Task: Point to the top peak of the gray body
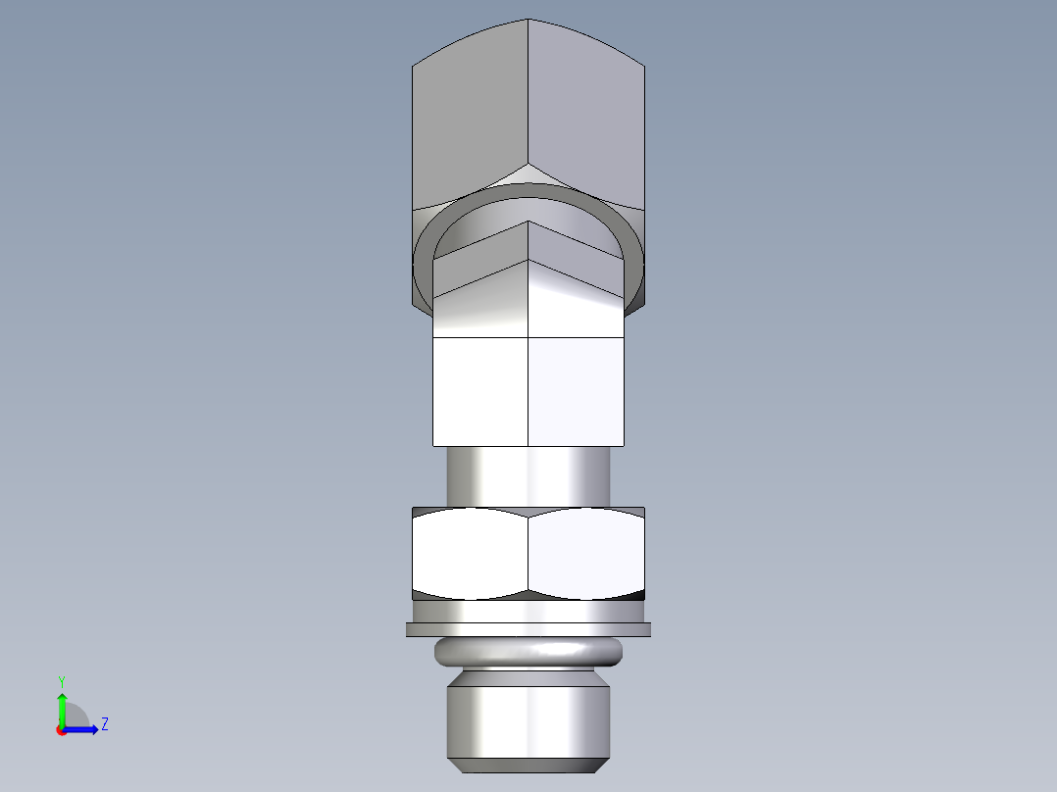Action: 528,21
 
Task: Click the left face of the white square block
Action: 480,390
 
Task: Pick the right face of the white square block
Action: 576,390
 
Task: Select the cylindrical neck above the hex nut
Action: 528,476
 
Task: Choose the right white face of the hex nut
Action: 586,553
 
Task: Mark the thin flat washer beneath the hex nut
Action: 528,629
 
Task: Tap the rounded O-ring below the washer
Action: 528,651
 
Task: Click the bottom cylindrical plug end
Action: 528,719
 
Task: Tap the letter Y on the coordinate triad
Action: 61,681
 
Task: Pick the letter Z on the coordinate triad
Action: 104,725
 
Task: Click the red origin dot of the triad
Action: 61,730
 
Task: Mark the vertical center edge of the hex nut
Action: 528,553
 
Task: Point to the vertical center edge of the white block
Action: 528,390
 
